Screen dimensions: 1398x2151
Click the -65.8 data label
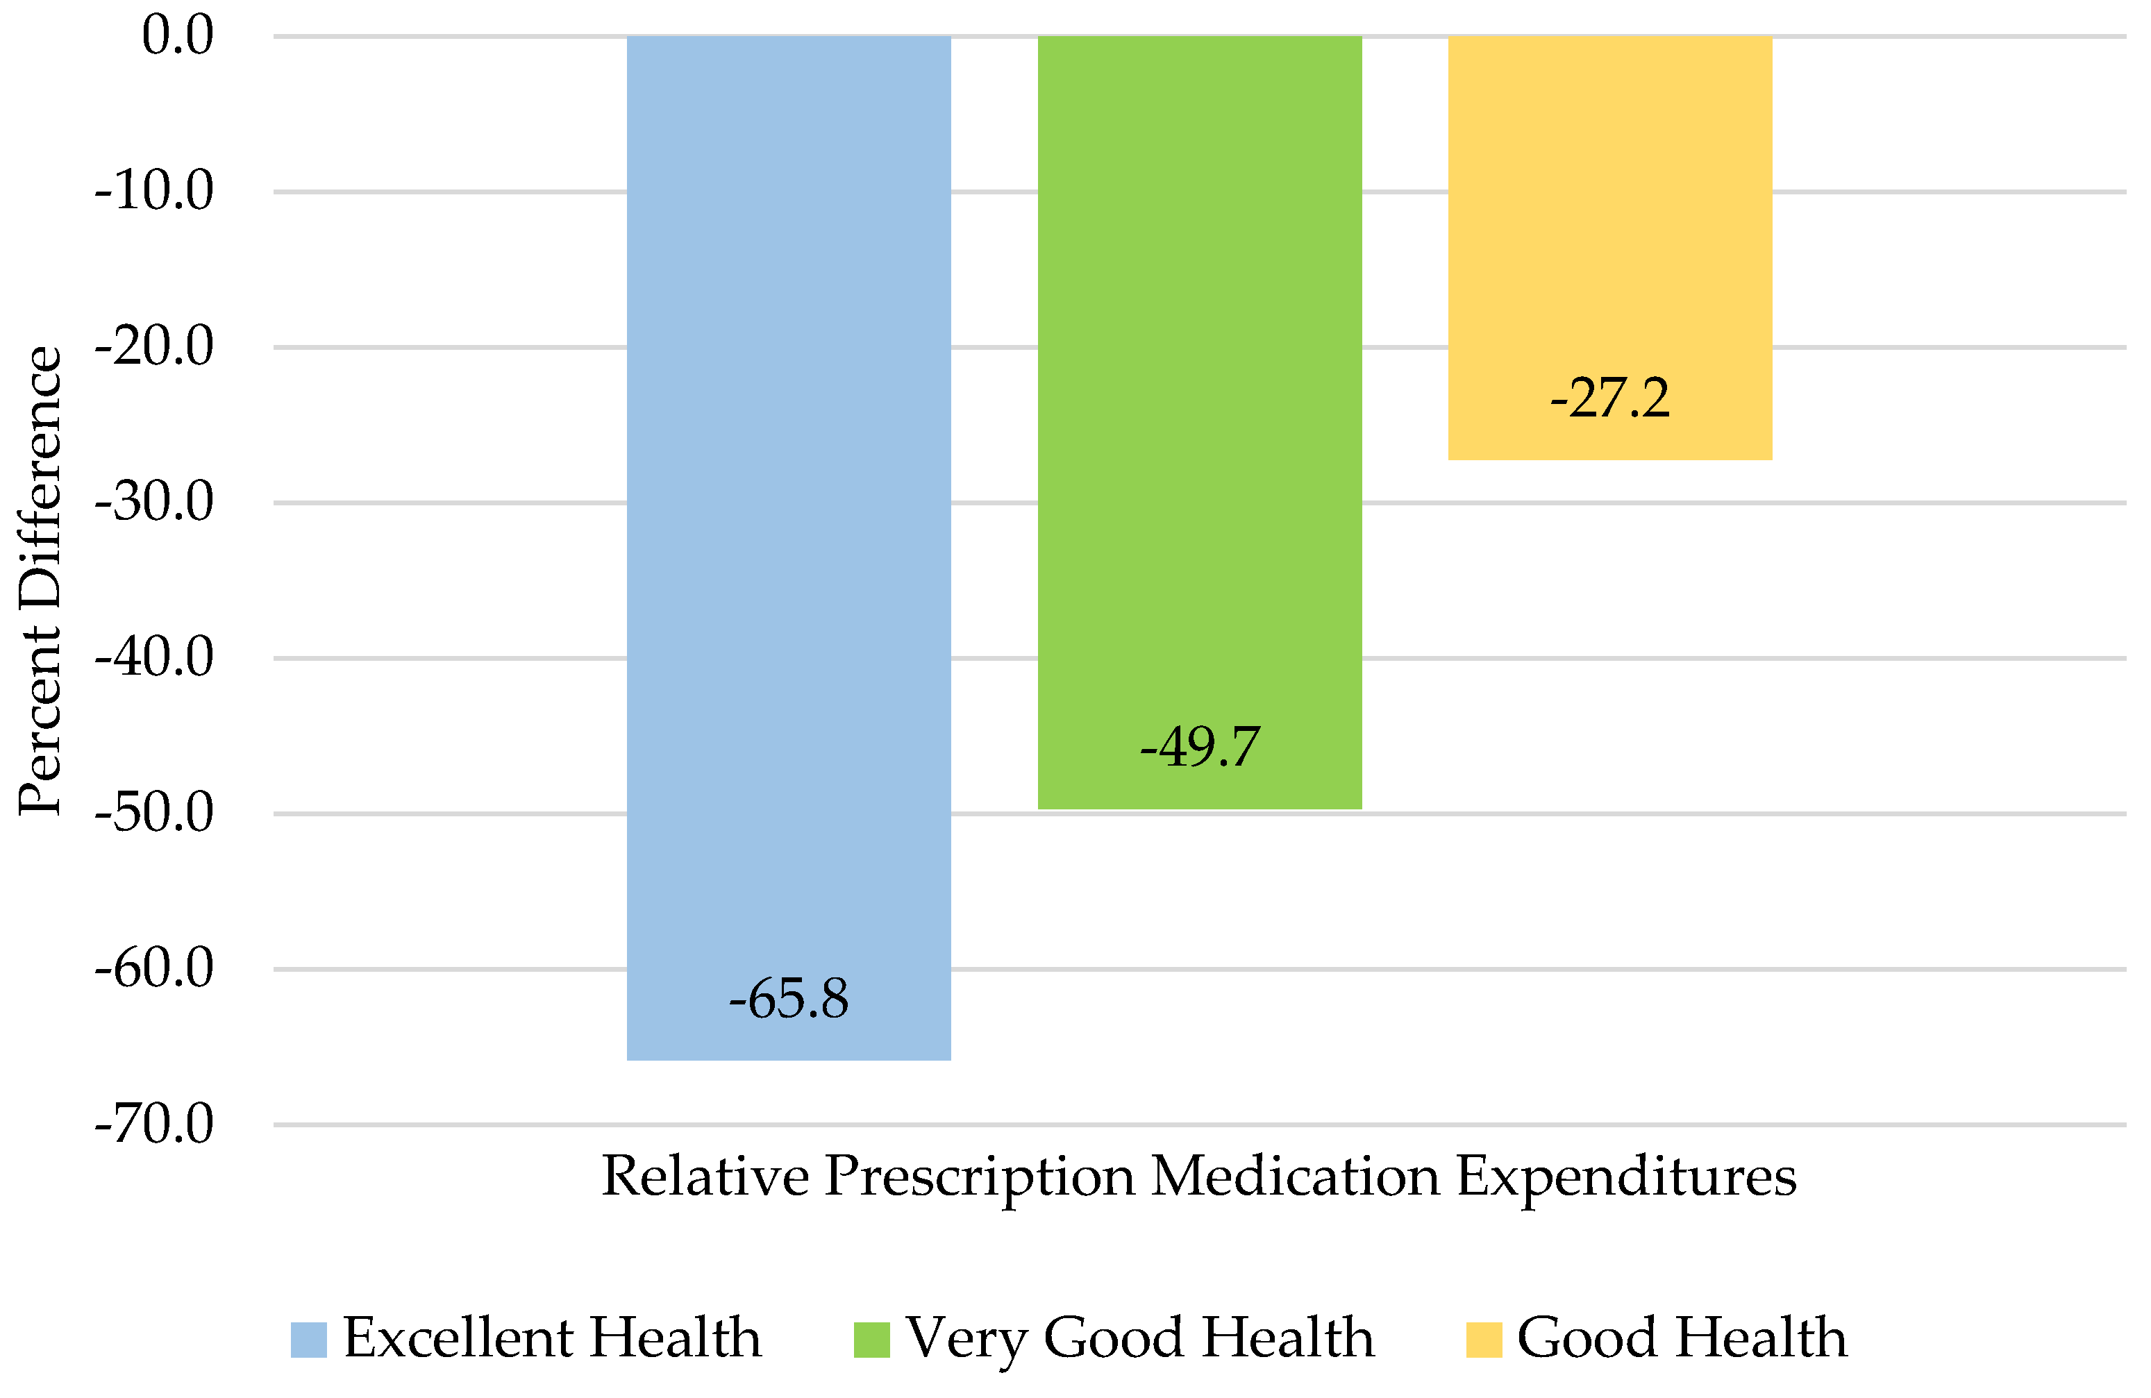click(788, 1000)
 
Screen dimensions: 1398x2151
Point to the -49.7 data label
click(1199, 748)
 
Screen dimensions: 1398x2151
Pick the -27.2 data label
click(1609, 398)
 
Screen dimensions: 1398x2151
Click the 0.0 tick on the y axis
click(178, 36)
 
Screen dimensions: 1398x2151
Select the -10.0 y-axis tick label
click(155, 192)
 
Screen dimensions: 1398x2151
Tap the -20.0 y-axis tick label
click(155, 347)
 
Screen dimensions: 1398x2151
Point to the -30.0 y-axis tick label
click(155, 503)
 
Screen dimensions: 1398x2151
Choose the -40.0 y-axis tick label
click(155, 658)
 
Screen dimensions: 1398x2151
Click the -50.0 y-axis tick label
click(155, 814)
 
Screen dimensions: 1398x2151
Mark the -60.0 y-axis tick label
click(155, 969)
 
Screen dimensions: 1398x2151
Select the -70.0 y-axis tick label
click(155, 1125)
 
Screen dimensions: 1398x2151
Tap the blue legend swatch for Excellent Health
click(308, 1339)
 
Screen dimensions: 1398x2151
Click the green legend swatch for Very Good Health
click(871, 1339)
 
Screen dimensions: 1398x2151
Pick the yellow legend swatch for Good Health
click(1483, 1339)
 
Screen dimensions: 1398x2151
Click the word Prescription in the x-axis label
click(980, 1177)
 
